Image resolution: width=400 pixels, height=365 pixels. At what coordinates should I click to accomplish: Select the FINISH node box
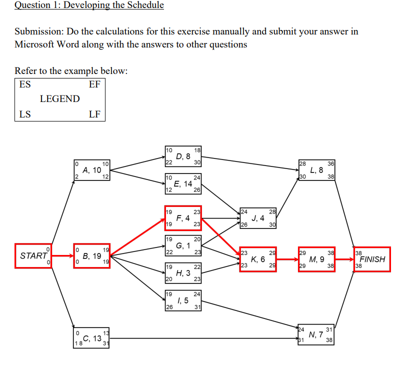371,259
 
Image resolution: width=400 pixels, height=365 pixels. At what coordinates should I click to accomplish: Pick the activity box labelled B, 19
92,256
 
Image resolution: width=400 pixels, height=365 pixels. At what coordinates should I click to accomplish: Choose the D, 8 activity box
183,156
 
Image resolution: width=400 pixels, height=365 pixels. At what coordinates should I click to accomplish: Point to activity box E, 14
183,183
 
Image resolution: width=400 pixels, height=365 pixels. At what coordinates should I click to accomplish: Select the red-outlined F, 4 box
183,218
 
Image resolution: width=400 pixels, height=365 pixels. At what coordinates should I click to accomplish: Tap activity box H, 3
183,273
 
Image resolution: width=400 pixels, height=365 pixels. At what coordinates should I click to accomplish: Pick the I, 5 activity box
183,300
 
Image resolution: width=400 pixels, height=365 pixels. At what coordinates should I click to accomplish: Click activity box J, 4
258,218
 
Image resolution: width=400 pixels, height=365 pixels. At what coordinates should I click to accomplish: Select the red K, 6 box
258,259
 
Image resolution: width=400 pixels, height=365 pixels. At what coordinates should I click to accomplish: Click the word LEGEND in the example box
59,99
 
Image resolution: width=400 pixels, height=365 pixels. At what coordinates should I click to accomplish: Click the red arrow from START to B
63,256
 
